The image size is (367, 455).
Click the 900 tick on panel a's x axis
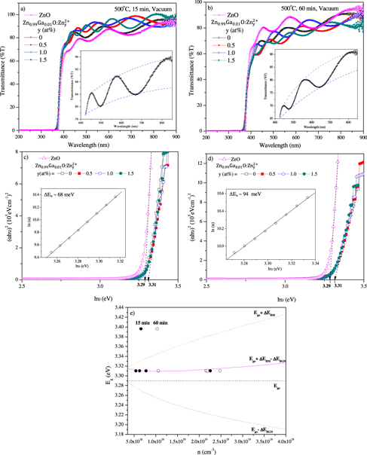(x=176, y=138)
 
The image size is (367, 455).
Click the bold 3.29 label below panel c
(x=141, y=287)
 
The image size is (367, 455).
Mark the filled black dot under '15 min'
(x=140, y=329)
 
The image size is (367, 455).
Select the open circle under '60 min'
(x=157, y=329)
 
